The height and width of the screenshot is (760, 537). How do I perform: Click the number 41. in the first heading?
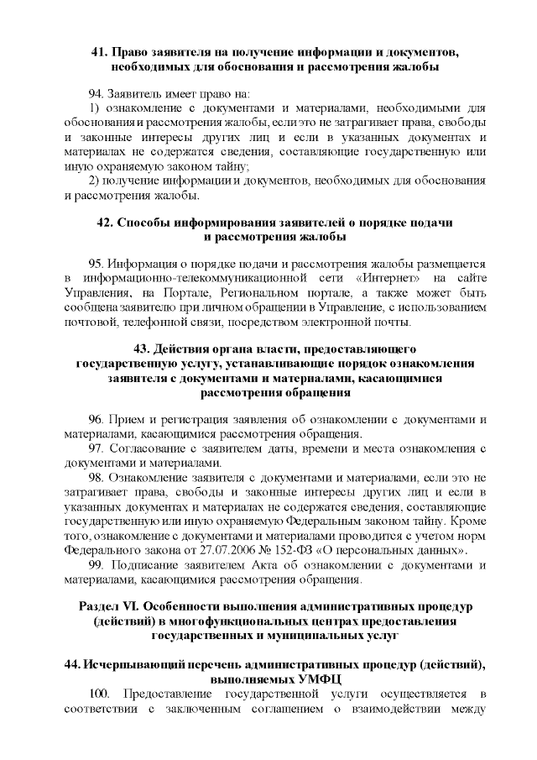[x=100, y=52]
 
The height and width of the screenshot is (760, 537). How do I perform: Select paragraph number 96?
[x=96, y=419]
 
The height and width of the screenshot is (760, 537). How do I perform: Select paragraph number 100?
[x=99, y=694]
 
